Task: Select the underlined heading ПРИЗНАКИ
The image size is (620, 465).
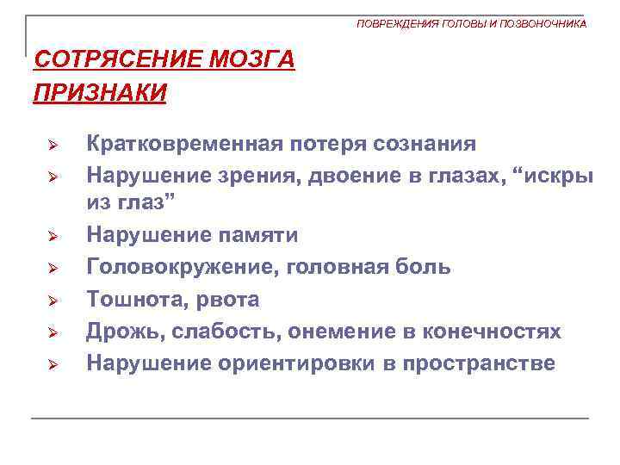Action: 100,91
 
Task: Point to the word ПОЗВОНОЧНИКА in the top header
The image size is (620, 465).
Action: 543,24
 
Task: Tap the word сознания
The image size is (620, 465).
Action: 426,142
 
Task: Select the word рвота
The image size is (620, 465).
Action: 228,299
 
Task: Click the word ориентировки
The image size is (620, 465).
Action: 289,363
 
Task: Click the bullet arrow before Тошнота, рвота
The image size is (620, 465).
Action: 52,301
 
